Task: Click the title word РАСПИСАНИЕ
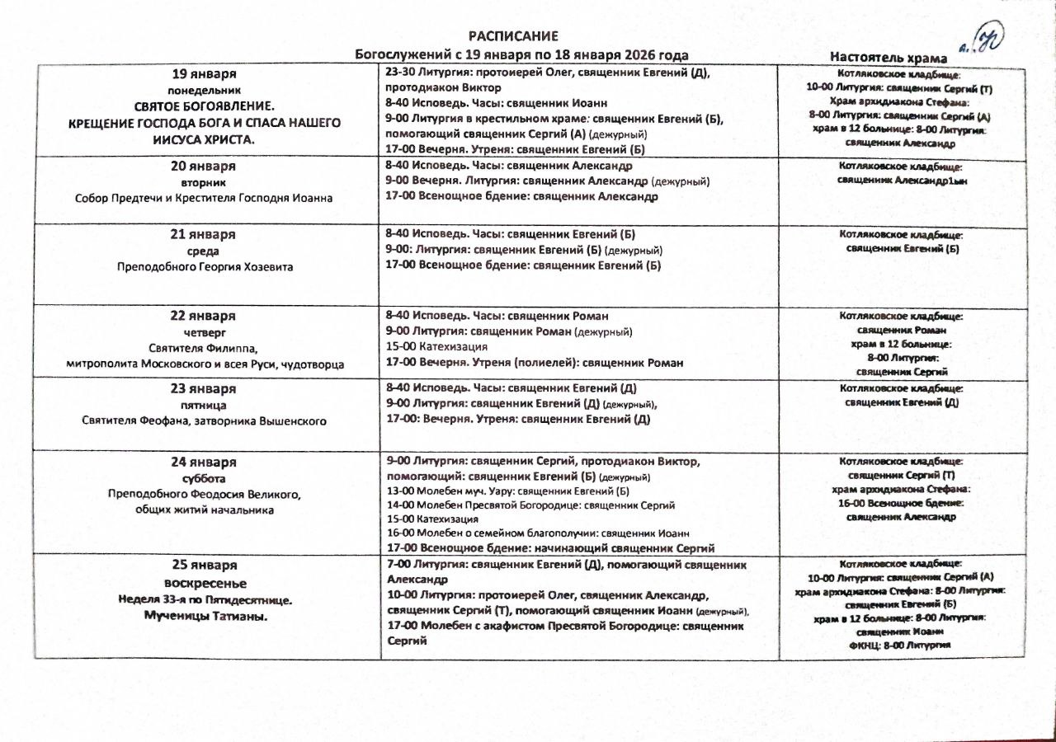tap(513, 36)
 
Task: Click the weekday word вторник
tap(203, 181)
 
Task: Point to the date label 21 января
tap(203, 235)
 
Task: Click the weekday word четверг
tap(203, 331)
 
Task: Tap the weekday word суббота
tap(203, 478)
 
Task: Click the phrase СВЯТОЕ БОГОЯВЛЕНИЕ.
tap(204, 106)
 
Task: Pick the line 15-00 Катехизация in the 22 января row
tap(436, 347)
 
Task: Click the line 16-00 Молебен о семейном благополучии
tap(537, 533)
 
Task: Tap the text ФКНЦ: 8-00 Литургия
tap(900, 646)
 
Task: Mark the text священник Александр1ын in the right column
tap(902, 180)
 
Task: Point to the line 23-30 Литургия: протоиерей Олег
tap(548, 73)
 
